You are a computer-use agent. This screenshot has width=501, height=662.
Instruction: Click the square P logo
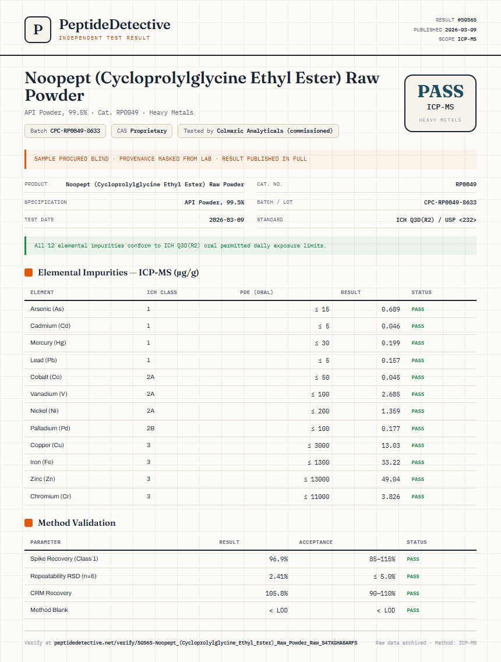coord(38,30)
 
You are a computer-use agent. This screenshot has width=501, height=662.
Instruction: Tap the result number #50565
coord(467,20)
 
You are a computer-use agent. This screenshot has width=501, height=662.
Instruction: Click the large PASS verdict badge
coord(440,104)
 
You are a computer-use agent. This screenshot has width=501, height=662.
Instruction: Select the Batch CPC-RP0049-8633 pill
coord(65,131)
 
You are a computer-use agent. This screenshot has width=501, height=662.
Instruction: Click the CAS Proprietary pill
coord(142,131)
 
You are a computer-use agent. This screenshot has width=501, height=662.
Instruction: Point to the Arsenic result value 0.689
coord(391,310)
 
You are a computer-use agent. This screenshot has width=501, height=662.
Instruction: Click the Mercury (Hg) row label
coord(48,343)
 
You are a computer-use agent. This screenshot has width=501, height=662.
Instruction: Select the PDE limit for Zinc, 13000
coord(316,479)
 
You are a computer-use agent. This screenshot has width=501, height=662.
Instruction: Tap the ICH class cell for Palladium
coord(150,428)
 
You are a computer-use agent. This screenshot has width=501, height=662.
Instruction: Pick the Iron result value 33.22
coord(391,462)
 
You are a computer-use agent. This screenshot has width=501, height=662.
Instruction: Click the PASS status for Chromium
coord(418,497)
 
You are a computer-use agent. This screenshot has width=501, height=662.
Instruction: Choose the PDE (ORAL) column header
coord(256,292)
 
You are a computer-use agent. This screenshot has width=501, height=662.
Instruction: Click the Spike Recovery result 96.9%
coord(278,559)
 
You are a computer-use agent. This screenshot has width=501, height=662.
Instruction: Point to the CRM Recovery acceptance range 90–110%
coord(382,593)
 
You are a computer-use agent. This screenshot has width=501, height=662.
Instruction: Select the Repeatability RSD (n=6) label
coord(63,576)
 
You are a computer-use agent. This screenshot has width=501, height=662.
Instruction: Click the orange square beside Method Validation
coord(29,523)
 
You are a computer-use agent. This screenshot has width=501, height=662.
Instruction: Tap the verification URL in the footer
coord(206,643)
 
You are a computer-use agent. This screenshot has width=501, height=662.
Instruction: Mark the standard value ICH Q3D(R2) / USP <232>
coord(436,220)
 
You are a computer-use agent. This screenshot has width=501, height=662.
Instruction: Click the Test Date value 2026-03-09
coord(227,220)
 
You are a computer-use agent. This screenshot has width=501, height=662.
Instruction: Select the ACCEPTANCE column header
coord(316,542)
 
